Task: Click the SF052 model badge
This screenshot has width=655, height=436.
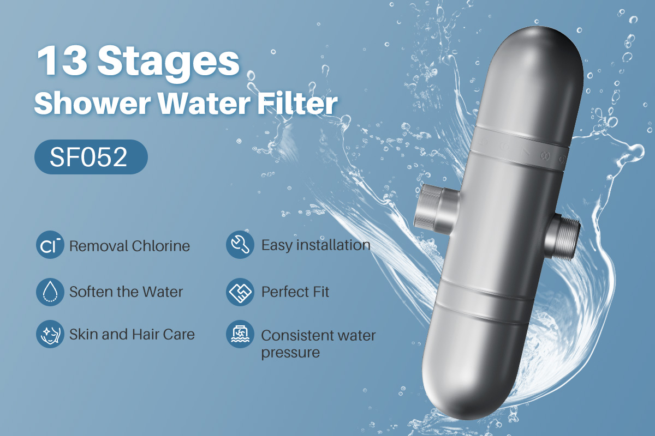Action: coord(91,157)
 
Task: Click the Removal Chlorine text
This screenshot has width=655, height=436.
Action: coord(129,246)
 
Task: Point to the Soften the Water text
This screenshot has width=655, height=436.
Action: coord(126,292)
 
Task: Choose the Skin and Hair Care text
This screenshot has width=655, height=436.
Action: coord(132,334)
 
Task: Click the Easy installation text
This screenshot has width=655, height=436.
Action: coord(315,245)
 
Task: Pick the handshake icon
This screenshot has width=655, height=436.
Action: coord(240,292)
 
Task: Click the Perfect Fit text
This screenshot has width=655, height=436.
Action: coord(295,292)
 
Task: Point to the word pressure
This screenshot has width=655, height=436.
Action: coord(290,353)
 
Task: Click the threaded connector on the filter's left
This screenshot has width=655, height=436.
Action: coord(430,208)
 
